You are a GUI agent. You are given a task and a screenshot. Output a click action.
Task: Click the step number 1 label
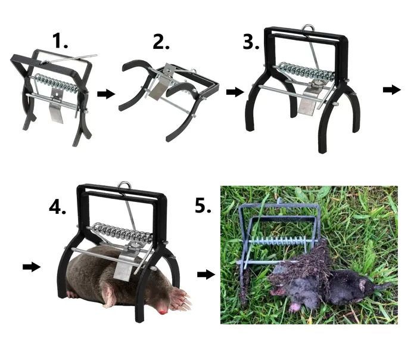click(x=60, y=41)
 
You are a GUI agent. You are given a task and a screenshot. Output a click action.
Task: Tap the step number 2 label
click(x=161, y=42)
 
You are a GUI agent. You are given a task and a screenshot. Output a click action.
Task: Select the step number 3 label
click(x=251, y=42)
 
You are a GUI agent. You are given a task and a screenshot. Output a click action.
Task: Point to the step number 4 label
click(x=57, y=207)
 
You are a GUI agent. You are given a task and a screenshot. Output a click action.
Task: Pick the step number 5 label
click(x=203, y=206)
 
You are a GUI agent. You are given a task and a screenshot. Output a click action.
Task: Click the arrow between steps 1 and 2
click(x=106, y=94)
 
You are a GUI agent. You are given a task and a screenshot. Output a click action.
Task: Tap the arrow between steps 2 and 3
click(x=235, y=92)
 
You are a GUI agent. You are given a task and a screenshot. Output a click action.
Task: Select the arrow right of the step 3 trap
click(x=392, y=90)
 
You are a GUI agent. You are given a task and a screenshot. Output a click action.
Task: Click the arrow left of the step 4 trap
click(x=32, y=266)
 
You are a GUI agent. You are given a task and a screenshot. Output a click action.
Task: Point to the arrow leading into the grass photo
click(x=206, y=274)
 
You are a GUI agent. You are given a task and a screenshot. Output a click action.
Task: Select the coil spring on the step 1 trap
click(x=57, y=83)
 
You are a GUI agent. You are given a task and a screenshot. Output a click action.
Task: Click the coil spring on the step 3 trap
click(x=306, y=71)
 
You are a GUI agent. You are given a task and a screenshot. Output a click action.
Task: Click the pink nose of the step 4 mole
click(x=162, y=311)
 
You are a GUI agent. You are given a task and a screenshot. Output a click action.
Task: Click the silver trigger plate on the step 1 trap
click(x=57, y=106)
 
